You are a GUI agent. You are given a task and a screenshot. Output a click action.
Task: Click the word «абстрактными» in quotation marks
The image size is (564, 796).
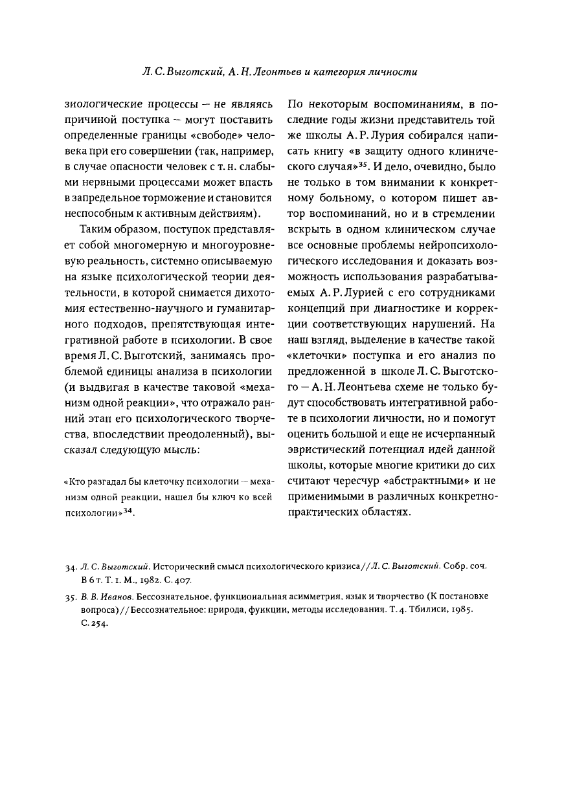436,481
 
